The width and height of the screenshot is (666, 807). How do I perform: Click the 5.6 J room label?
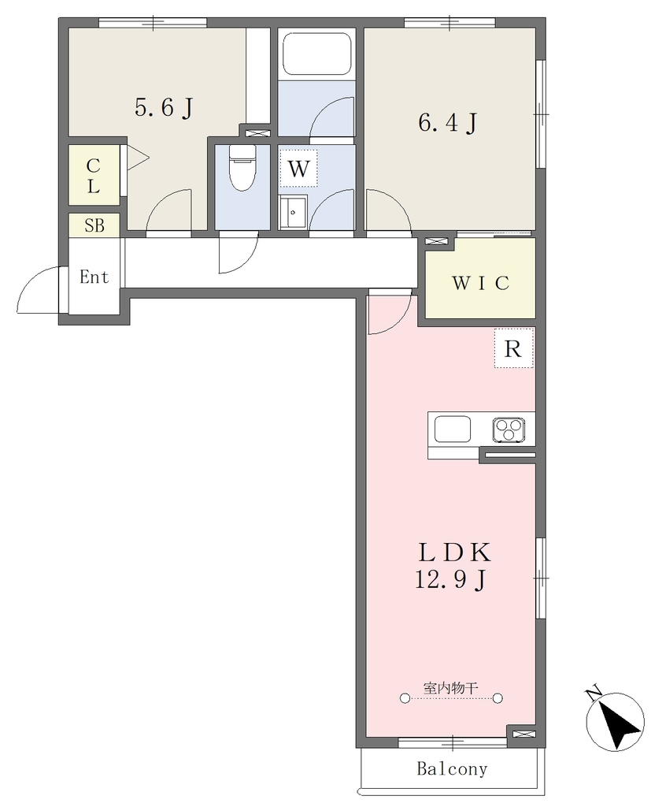pos(164,107)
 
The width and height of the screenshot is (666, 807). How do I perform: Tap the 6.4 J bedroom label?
pos(447,122)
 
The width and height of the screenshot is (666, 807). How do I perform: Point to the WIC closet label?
pos(481,283)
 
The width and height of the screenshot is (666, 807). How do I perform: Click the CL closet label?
pos(93,176)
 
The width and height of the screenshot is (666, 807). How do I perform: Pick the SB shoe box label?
pos(94,225)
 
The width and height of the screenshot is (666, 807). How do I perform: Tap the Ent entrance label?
pos(94,277)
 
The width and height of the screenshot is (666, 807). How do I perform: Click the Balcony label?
pos(452,768)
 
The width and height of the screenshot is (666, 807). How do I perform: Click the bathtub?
pos(316,54)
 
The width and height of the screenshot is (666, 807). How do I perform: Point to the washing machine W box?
pos(298,169)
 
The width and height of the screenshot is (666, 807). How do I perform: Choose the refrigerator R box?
pos(513,348)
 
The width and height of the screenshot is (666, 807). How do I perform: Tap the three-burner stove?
pos(509,430)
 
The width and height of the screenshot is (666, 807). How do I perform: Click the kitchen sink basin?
pos(453,430)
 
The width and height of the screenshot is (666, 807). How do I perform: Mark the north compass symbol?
pos(615,720)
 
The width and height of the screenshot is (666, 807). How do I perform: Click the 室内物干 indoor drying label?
pos(451,687)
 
